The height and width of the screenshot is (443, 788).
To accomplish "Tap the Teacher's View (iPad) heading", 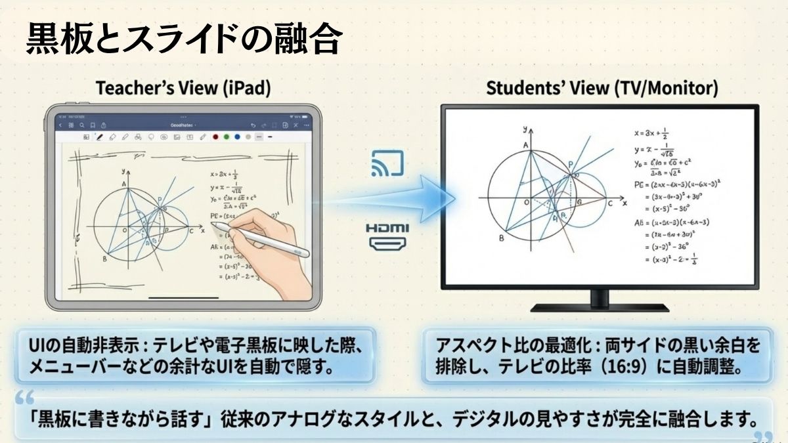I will tap(183, 89).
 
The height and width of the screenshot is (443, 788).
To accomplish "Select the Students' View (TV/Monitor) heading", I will tap(602, 89).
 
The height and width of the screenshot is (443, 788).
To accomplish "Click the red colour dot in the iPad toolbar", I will tap(214, 137).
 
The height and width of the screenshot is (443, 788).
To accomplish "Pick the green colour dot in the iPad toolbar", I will tap(225, 137).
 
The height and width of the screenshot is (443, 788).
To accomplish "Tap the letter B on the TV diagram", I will tap(502, 238).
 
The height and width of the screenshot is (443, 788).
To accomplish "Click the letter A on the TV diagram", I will tap(525, 145).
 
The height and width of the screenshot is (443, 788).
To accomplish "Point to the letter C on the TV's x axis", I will tap(609, 204).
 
